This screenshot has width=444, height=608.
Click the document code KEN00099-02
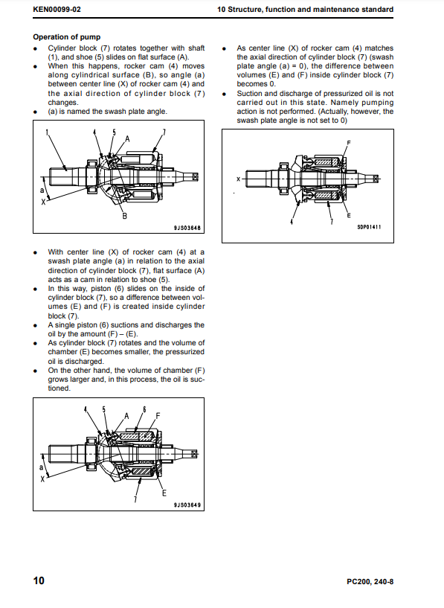57,10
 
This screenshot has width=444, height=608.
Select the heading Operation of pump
67,37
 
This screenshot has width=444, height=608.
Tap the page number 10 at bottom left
39,580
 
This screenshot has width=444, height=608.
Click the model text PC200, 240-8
370,582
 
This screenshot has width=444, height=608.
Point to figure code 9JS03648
187,228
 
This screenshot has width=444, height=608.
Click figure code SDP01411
369,227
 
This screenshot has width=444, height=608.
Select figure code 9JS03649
187,505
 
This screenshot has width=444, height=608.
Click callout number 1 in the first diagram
48,132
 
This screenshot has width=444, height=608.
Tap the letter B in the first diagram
125,216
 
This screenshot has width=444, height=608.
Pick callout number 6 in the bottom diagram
144,409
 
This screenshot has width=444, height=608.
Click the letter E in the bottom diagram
164,493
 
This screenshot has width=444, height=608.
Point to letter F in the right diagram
349,143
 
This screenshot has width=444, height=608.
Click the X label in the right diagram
238,179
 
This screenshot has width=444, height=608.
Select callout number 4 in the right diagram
292,222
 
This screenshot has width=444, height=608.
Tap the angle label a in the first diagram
42,191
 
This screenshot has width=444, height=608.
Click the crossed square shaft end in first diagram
195,177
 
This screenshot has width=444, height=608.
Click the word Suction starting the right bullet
249,94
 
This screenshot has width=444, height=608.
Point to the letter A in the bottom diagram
126,416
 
